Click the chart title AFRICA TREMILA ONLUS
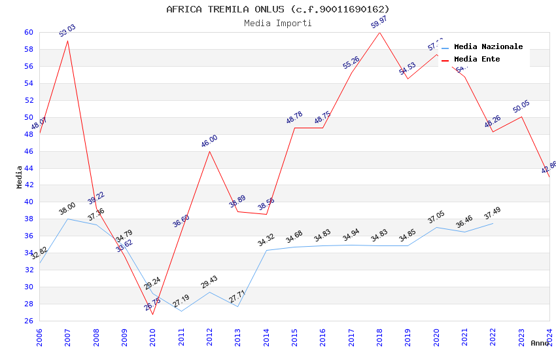coord(277,9)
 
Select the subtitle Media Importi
coord(277,23)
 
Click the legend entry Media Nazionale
coord(488,46)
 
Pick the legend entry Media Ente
coord(477,59)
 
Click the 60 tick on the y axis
coord(28,32)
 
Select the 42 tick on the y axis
coord(28,185)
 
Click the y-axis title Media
coord(20,176)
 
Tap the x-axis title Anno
coord(540,343)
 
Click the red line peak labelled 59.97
coord(379,33)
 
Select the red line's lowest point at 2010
coord(152,314)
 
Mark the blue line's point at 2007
coord(67,219)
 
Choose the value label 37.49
coord(493,213)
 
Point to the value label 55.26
coord(351,63)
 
